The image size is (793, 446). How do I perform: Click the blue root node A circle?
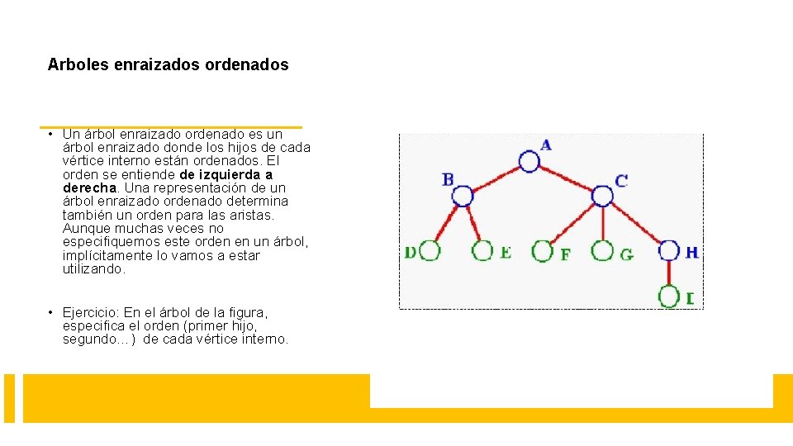click(529, 160)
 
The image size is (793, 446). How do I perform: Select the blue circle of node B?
click(463, 196)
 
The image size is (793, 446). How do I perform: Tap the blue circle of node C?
click(603, 196)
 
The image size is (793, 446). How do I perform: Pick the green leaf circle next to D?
click(430, 251)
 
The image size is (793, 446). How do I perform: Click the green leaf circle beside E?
click(484, 251)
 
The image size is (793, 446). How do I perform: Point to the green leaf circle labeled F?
click(543, 251)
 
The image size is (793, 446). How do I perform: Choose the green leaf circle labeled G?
click(604, 251)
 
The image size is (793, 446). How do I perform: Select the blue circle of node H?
click(669, 251)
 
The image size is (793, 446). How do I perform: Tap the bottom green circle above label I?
click(669, 296)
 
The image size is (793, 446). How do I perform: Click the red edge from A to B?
click(496, 178)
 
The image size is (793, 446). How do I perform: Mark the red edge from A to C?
click(567, 178)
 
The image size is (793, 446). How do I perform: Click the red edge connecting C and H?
click(636, 223)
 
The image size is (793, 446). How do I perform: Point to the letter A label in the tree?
click(546, 145)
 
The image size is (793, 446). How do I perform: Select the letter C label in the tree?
click(621, 180)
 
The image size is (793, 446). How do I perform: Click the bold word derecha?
click(90, 187)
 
